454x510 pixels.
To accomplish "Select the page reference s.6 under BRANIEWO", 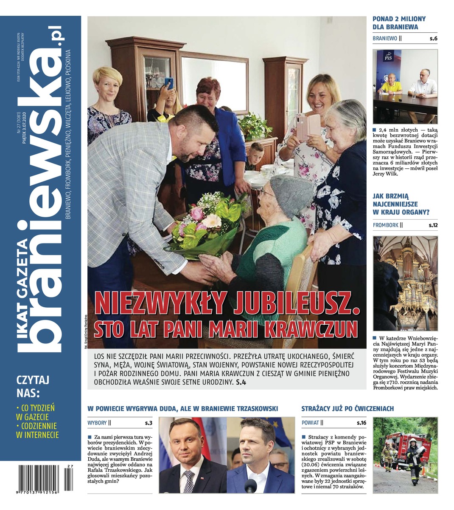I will [x=433, y=39].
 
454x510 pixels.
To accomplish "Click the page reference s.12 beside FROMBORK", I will [x=432, y=225].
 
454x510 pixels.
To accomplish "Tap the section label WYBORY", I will [x=97, y=423].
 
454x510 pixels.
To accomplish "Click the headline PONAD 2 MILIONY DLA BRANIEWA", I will [x=399, y=23].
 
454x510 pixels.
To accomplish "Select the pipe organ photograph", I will [x=405, y=283].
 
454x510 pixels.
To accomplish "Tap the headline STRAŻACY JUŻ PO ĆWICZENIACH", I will [x=348, y=409].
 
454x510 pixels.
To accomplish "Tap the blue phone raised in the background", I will [x=168, y=82].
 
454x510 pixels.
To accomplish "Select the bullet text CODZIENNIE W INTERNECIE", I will [x=37, y=430].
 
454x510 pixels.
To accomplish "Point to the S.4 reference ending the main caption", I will [x=241, y=382].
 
